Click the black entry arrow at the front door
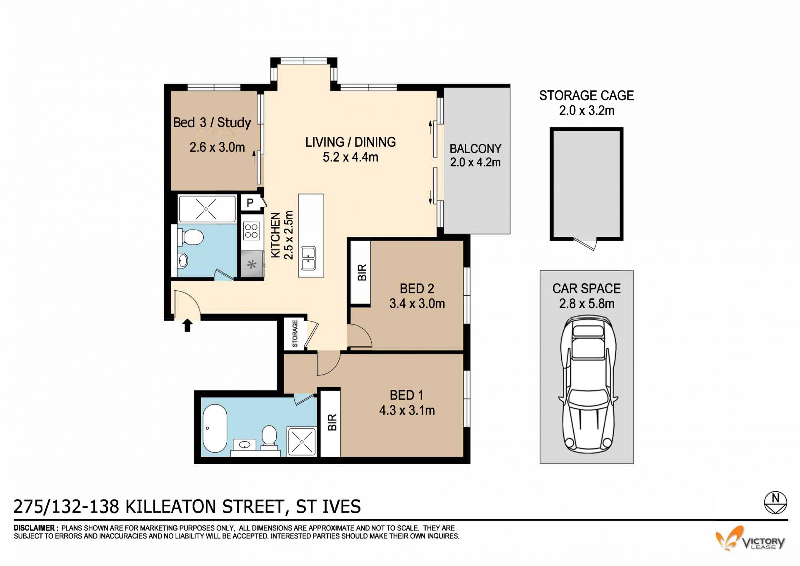187,325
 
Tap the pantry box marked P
250,203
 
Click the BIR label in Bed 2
362,272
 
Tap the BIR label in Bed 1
332,423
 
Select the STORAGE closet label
295,334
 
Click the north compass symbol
775,503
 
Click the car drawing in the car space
587,389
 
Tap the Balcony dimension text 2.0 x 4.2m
475,162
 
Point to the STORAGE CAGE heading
587,96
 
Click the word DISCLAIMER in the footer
35,528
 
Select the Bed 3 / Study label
212,123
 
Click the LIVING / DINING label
350,142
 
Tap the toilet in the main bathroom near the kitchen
190,237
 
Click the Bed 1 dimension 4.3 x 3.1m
407,410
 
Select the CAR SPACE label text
587,289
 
